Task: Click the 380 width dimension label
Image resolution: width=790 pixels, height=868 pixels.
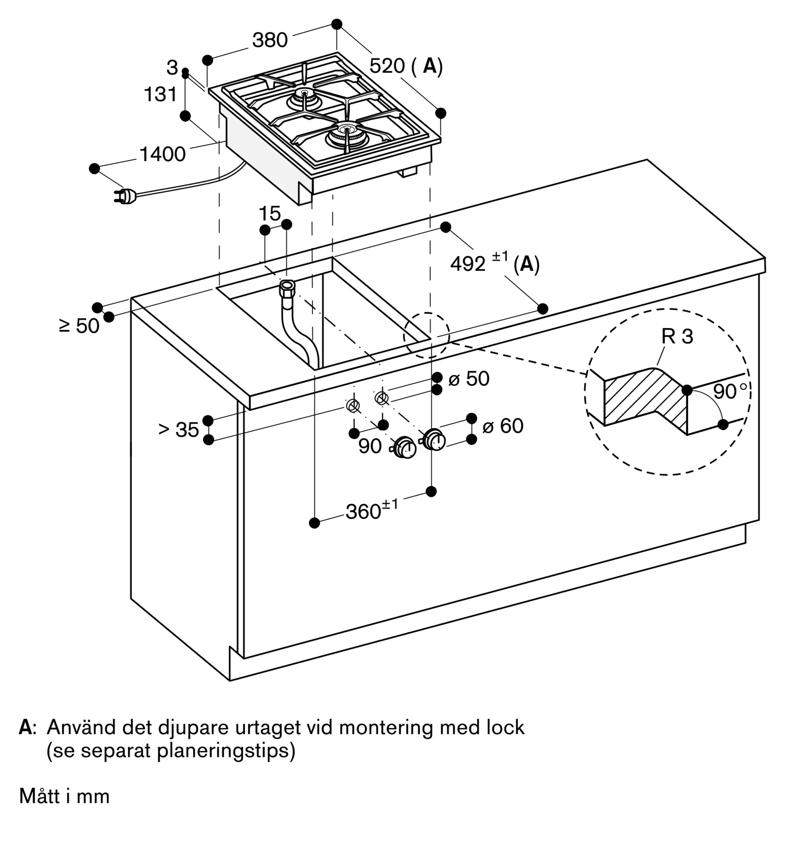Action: click(x=270, y=40)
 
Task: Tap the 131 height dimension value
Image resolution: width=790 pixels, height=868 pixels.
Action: click(x=160, y=94)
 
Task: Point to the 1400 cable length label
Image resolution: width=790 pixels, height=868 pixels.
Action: click(x=163, y=154)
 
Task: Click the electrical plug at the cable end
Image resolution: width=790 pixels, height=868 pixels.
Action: click(x=126, y=197)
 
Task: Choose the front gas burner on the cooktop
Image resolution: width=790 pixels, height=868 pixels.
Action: click(x=344, y=135)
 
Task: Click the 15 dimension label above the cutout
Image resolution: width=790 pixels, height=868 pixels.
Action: click(x=269, y=213)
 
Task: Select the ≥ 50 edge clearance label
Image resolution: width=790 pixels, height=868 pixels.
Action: click(x=79, y=326)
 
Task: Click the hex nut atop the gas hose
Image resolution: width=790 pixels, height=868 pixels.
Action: click(x=287, y=288)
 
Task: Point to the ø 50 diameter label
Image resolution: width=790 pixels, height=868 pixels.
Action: click(x=469, y=378)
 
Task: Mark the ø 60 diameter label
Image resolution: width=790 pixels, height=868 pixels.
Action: click(x=503, y=426)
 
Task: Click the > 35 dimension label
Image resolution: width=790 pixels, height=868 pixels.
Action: click(x=179, y=430)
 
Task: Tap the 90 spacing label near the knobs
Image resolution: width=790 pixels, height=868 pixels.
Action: click(x=370, y=446)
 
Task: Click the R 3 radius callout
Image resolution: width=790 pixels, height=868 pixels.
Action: click(x=677, y=336)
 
